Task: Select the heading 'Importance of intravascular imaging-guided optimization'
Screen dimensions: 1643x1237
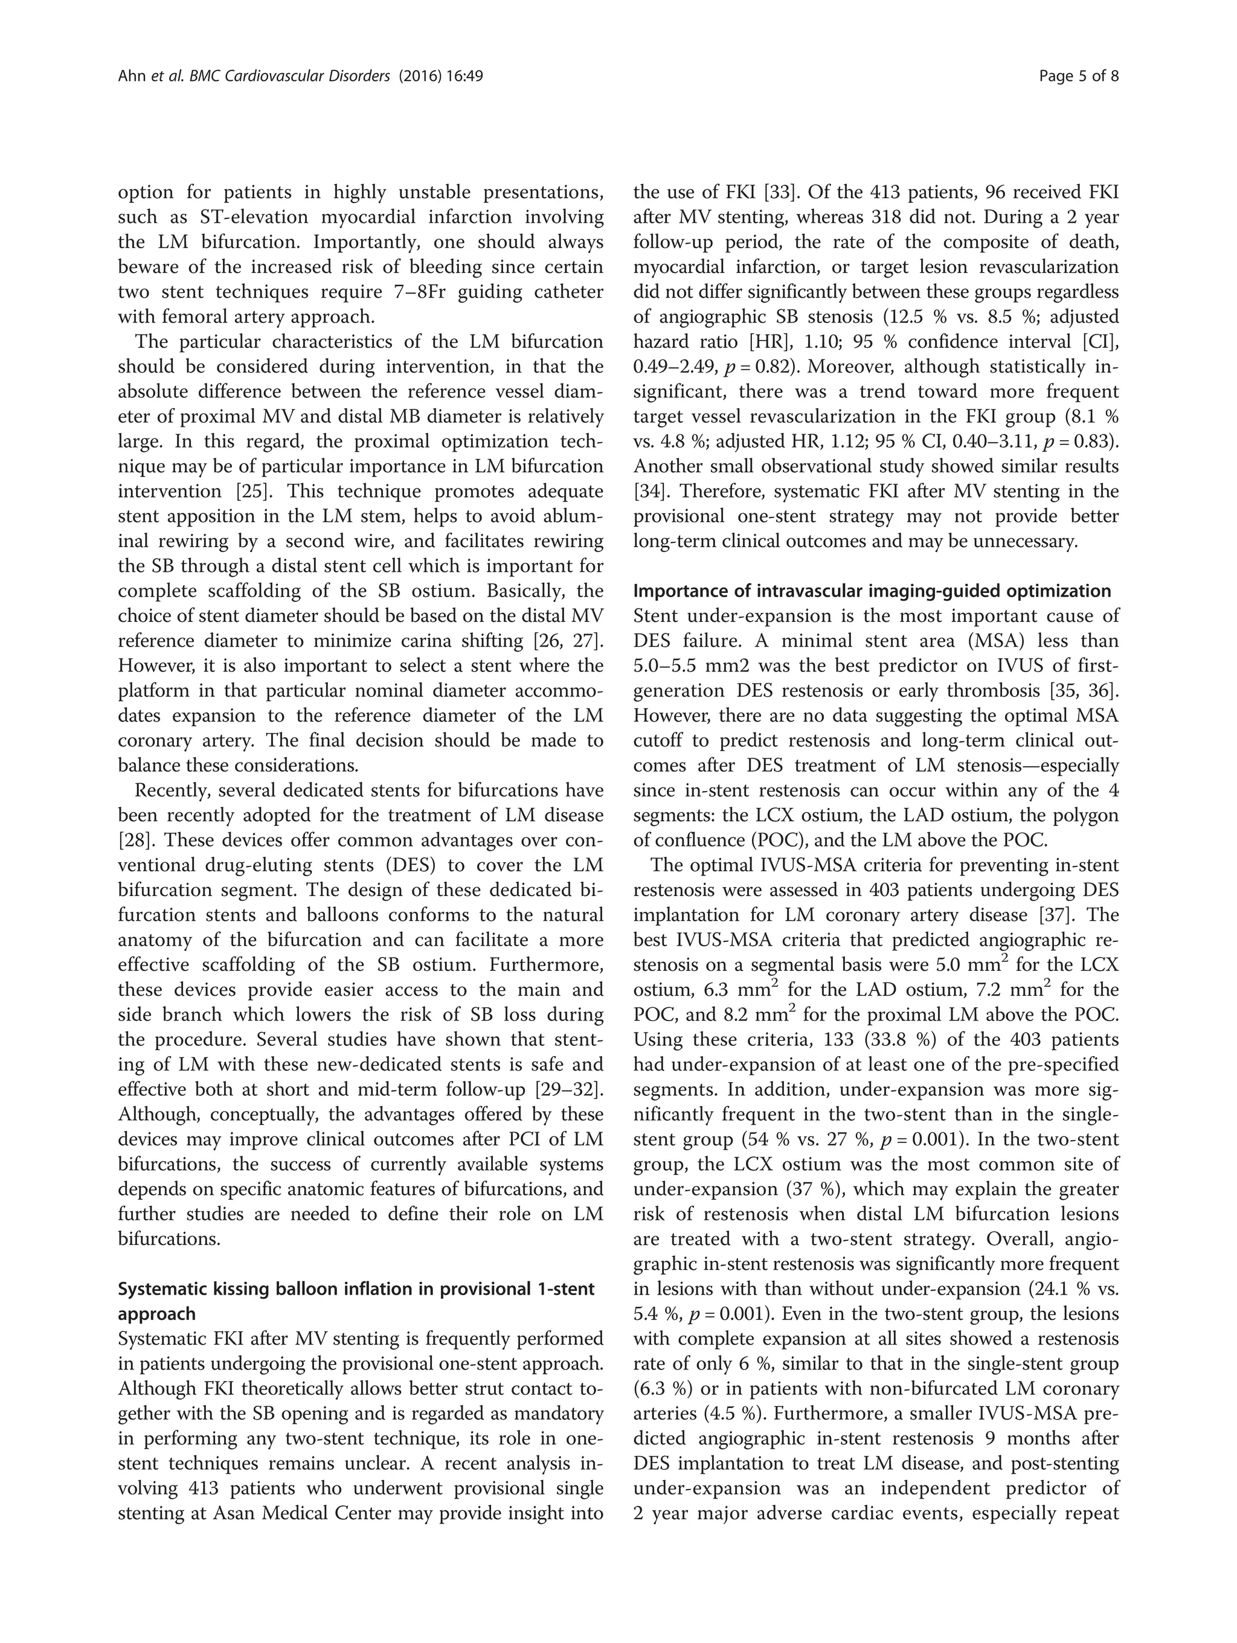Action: coord(872,591)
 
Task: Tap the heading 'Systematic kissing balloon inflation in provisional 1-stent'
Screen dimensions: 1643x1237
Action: coord(356,1289)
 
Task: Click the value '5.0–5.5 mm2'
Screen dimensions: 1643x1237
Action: coord(689,666)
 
